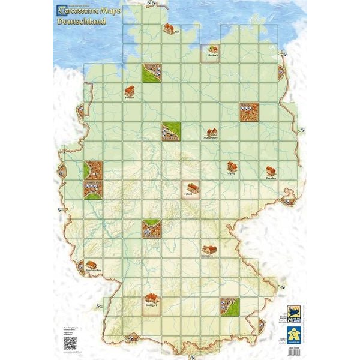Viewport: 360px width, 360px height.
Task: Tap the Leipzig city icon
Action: tap(231, 166)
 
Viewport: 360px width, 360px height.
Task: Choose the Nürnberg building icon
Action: tap(209, 248)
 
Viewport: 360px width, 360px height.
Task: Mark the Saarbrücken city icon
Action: tap(91, 265)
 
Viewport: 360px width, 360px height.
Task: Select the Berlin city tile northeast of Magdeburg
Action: tap(249, 112)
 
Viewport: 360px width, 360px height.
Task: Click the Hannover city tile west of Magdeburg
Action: tap(170, 131)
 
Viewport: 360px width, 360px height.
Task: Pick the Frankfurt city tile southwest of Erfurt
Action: tap(152, 229)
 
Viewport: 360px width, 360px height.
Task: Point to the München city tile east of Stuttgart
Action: tap(230, 307)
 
